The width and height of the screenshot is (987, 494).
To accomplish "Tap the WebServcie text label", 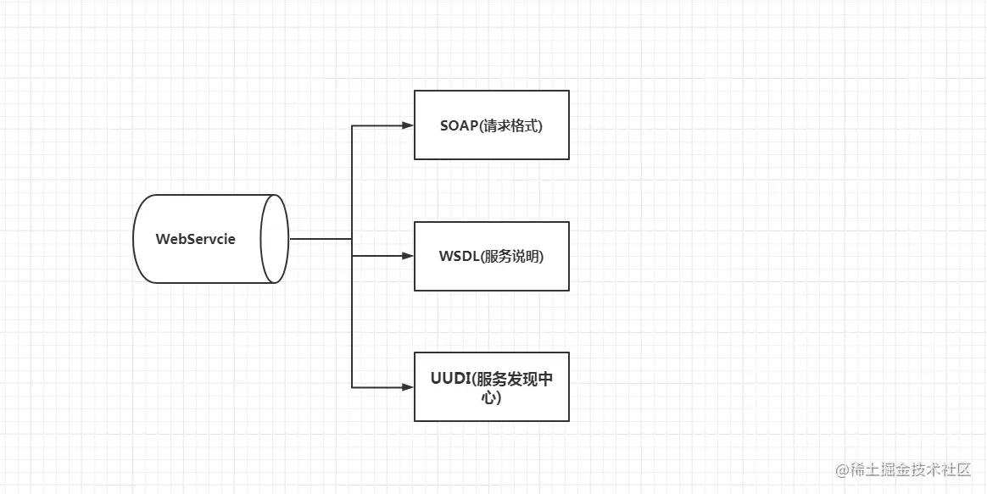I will pyautogui.click(x=196, y=239).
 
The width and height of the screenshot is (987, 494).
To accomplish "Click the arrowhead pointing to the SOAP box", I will pyautogui.click(x=407, y=125).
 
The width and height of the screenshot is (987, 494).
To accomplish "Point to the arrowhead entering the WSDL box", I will pyautogui.click(x=407, y=256).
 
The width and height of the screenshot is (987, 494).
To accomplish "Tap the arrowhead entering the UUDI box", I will pyautogui.click(x=407, y=387).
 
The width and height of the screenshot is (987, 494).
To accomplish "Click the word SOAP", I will pyautogui.click(x=459, y=125).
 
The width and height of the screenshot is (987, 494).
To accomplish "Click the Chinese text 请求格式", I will pyautogui.click(x=510, y=125).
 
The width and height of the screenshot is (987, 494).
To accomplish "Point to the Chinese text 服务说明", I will pyautogui.click(x=511, y=257).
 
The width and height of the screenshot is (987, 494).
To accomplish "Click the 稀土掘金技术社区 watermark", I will pyautogui.click(x=911, y=469).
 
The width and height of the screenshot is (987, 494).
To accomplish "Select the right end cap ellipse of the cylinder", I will pyautogui.click(x=275, y=239).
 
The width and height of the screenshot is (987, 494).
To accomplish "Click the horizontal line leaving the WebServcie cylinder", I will pyautogui.click(x=321, y=239).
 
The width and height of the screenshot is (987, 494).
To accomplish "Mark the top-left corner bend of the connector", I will pyautogui.click(x=352, y=126).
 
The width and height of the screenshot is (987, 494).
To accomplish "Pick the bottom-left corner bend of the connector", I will pyautogui.click(x=352, y=387).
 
